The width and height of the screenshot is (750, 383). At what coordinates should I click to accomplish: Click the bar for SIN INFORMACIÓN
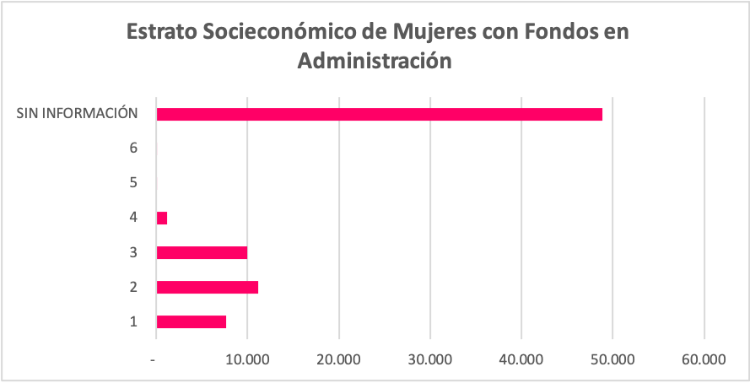(x=379, y=114)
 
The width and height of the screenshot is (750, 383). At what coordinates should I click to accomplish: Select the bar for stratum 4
(x=162, y=218)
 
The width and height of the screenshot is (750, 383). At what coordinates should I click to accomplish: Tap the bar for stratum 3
(x=202, y=252)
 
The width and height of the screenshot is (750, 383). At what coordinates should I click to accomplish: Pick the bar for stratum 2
(x=207, y=287)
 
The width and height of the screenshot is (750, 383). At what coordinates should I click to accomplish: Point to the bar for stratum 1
(x=192, y=321)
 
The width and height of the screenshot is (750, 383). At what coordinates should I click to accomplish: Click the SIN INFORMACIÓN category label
(x=78, y=113)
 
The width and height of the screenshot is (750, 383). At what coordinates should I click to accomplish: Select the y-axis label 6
(x=133, y=148)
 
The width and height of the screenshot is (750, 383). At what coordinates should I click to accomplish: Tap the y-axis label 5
(x=133, y=182)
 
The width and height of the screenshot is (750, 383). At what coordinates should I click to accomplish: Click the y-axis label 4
(x=133, y=218)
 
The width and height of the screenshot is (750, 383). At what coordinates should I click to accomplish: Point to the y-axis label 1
(x=133, y=321)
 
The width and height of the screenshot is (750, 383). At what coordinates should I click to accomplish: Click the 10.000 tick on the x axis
(x=247, y=359)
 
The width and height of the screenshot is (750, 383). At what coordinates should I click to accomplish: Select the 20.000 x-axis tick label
(x=338, y=359)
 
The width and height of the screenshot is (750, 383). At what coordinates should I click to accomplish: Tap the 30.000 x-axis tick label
(x=429, y=359)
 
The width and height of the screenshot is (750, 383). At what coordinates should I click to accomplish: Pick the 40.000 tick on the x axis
(x=521, y=359)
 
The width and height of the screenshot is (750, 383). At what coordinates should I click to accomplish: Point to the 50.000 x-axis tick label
(x=612, y=359)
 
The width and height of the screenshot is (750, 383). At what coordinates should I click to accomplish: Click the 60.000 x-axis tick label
(x=703, y=359)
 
